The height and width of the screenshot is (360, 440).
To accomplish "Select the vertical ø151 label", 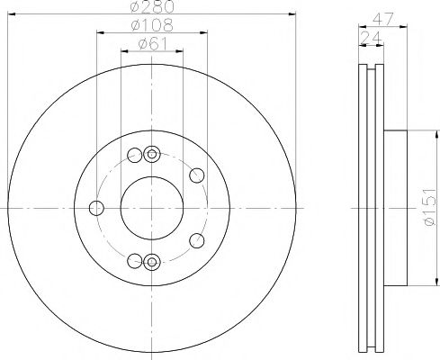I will click(430, 208).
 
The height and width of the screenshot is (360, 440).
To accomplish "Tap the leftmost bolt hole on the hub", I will click(96, 208).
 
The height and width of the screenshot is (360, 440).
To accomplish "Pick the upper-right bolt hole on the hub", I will click(197, 174).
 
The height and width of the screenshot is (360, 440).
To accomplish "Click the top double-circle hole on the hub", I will click(151, 153).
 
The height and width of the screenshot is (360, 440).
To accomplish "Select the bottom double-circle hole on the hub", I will click(151, 262).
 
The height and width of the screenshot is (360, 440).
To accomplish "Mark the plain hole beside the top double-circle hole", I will click(135, 154).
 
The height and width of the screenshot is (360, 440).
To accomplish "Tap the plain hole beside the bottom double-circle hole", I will click(135, 261).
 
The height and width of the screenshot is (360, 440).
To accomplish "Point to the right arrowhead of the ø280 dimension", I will click(292, 13).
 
